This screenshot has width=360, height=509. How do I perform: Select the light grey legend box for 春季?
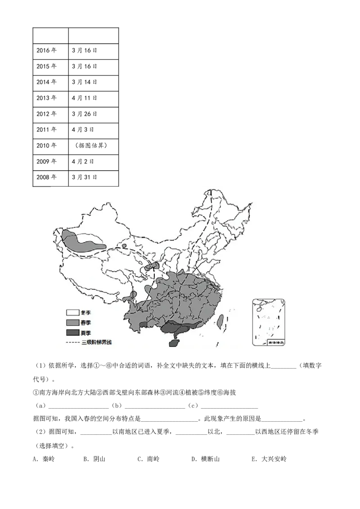point(73,323)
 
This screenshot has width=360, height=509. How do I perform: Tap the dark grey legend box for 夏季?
point(73,333)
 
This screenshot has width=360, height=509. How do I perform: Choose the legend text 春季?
point(86,323)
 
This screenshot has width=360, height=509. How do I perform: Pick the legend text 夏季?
point(86,333)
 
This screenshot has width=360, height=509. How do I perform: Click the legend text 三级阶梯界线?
point(96,343)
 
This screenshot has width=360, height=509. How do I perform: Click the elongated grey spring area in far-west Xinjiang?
point(81,241)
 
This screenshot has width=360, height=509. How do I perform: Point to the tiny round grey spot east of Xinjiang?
point(124,246)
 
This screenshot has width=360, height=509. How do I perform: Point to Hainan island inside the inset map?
point(259,309)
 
